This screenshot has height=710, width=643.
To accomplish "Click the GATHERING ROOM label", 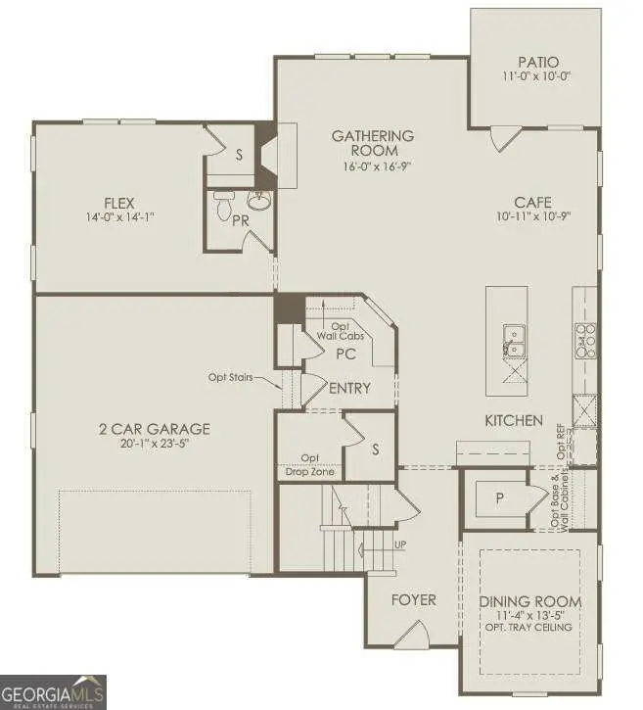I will (372, 143).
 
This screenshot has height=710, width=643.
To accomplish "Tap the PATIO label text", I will (533, 60).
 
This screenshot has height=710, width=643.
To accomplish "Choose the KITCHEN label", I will (514, 420).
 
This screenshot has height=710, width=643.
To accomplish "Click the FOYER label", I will (413, 599).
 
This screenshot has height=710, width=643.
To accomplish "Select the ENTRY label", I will (349, 389).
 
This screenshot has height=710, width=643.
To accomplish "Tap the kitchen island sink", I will (513, 341).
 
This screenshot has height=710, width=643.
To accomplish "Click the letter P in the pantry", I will (499, 497).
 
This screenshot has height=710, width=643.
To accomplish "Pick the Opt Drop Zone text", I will (310, 464).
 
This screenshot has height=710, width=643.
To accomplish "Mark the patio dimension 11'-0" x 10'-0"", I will (533, 74).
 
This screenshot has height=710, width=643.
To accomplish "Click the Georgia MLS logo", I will (53, 689).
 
